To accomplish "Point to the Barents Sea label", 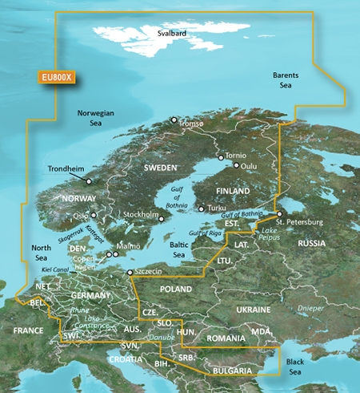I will click(286, 79).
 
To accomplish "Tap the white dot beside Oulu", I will click(236, 166).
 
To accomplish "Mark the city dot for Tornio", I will click(221, 158).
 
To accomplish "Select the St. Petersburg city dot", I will click(279, 213).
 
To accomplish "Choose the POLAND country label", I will click(176, 288).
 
